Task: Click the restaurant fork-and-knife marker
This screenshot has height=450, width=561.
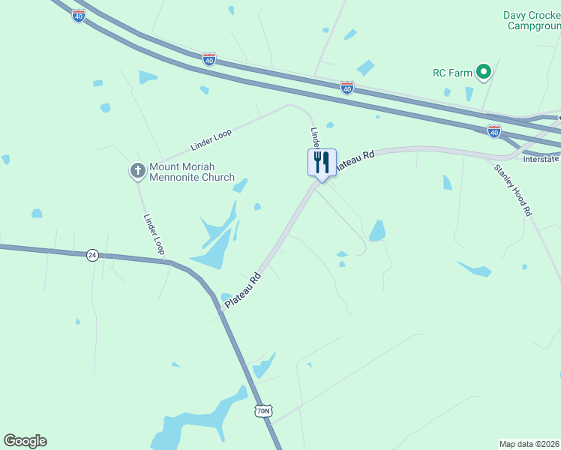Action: (322, 162)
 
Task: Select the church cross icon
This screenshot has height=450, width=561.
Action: (138, 171)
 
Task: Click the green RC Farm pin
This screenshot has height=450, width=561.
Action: (484, 73)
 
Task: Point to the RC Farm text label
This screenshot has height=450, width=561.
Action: (453, 73)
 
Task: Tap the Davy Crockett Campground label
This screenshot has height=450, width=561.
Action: (532, 20)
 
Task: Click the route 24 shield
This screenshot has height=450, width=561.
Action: (91, 255)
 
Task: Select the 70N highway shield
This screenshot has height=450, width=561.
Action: (262, 411)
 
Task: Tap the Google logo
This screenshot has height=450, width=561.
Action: (25, 441)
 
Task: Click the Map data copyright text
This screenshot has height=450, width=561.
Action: (529, 443)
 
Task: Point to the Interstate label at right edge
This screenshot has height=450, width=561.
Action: (541, 159)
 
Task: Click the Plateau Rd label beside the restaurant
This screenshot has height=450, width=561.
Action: (354, 160)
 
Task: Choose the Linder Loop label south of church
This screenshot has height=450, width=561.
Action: (154, 235)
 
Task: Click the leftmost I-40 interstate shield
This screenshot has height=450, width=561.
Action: (78, 16)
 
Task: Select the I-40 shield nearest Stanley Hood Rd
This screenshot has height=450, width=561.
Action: (493, 131)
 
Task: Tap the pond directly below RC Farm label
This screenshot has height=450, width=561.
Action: (469, 94)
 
